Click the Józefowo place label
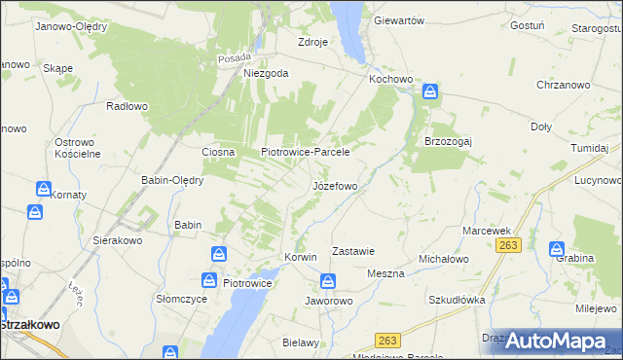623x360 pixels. tap(341, 185)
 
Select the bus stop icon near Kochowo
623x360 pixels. tap(430, 92)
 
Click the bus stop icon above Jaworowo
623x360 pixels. tap(329, 282)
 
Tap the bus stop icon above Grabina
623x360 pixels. tap(558, 249)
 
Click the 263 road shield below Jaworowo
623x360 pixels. tap(388, 340)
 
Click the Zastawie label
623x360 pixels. tap(353, 251)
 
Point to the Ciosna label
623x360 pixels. tap(218, 152)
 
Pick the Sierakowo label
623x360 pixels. tap(118, 239)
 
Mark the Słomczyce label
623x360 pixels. tap(181, 299)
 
